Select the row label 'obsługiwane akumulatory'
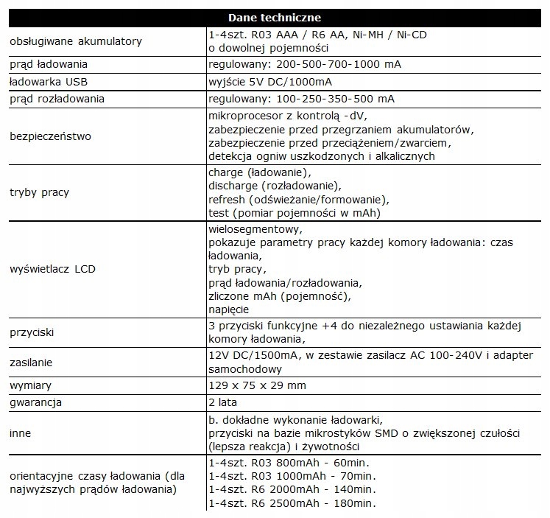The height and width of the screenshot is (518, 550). pyautogui.click(x=76, y=41)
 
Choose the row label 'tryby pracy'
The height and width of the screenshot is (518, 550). pyautogui.click(x=40, y=192)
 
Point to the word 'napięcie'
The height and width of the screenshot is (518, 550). pyautogui.click(x=229, y=309)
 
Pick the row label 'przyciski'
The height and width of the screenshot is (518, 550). pyautogui.click(x=34, y=332)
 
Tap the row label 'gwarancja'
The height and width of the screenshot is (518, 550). pyautogui.click(x=35, y=402)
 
